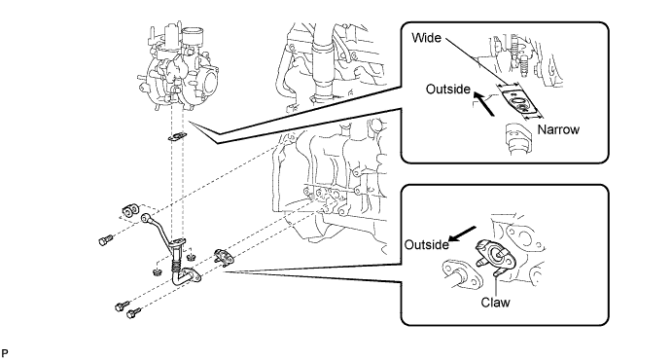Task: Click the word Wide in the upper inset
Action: [426, 38]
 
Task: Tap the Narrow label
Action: [558, 129]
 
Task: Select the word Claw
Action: [495, 303]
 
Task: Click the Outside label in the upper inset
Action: [448, 90]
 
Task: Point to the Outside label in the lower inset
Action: [427, 244]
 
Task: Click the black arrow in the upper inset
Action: [484, 104]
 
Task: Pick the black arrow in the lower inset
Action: [463, 234]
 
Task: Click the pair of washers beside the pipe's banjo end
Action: [130, 210]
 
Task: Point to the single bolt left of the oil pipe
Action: [105, 240]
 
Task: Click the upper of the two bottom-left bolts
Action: [122, 306]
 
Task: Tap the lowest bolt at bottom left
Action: [133, 314]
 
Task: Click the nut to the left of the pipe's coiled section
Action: [157, 271]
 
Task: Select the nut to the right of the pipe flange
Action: [192, 257]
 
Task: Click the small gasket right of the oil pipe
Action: [224, 256]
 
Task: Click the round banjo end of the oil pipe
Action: [146, 218]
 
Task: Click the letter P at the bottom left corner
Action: [4, 353]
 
